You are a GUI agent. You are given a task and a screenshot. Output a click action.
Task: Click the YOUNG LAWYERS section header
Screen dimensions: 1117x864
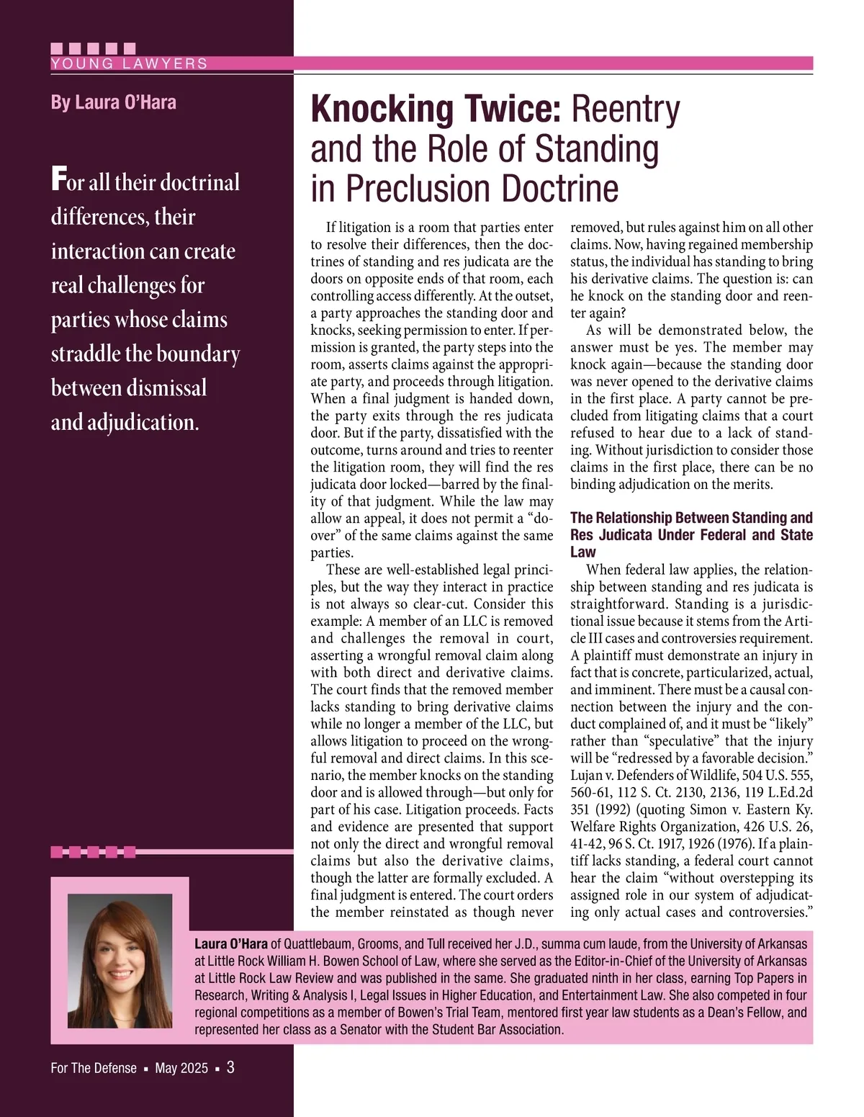point(130,63)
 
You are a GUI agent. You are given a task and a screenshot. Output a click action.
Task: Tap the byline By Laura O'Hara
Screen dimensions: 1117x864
point(113,102)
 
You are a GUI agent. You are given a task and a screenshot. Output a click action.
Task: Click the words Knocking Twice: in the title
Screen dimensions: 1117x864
point(435,109)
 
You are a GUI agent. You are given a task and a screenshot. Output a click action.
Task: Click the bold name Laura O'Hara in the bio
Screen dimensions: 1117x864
point(230,943)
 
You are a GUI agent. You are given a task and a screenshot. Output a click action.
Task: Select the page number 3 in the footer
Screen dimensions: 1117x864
point(230,1067)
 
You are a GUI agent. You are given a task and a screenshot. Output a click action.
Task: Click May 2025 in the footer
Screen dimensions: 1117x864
point(181,1068)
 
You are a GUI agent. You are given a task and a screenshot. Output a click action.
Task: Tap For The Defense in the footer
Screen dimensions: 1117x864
point(94,1068)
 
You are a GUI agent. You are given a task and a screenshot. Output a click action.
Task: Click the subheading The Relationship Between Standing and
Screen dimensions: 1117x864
point(691,518)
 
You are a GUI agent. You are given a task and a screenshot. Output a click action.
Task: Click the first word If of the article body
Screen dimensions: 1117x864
point(331,228)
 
